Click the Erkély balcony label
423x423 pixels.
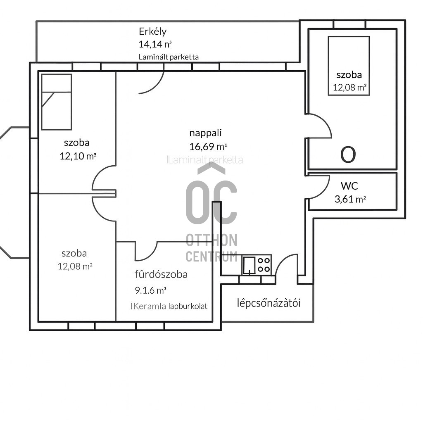152,31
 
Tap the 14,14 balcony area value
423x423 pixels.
155,44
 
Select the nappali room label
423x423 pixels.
206,133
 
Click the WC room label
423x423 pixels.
349,185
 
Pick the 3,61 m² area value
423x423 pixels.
350,199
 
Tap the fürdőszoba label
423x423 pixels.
161,274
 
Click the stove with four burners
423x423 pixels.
264,264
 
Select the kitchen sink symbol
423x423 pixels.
249,265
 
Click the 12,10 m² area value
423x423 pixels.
78,156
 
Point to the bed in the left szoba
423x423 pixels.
56,102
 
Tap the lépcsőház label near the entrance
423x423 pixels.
269,303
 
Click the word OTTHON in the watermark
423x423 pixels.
211,240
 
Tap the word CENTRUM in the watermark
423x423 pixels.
211,256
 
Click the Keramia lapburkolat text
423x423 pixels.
169,307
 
